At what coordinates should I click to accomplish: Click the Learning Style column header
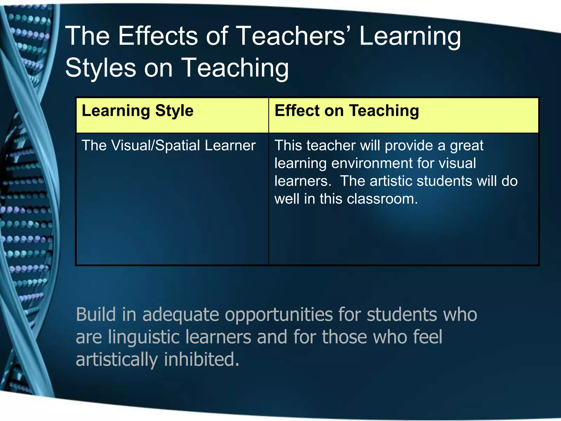138,111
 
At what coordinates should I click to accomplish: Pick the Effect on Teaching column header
347,111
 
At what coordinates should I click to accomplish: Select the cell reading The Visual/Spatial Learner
168,145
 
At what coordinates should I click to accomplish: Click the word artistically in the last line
117,360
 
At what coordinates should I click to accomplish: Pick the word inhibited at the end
201,359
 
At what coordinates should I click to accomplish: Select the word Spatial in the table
178,146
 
